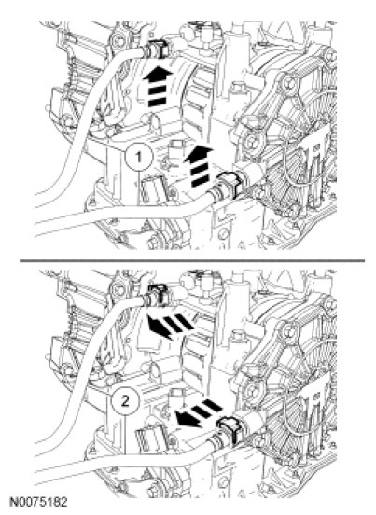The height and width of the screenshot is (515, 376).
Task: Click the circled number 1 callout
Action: pyautogui.click(x=139, y=158)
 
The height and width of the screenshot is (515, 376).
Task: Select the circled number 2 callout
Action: pyautogui.click(x=125, y=402)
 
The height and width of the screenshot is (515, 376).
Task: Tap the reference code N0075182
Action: pyautogui.click(x=38, y=502)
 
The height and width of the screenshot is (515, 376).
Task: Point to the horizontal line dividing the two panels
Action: pyautogui.click(x=192, y=261)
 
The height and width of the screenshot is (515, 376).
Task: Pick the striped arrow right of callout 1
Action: pyautogui.click(x=199, y=166)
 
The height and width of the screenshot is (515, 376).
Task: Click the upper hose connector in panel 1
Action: pyautogui.click(x=157, y=49)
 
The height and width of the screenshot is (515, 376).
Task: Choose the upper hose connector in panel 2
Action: pyautogui.click(x=157, y=295)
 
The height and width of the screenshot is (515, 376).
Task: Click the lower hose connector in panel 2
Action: pyautogui.click(x=230, y=428)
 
